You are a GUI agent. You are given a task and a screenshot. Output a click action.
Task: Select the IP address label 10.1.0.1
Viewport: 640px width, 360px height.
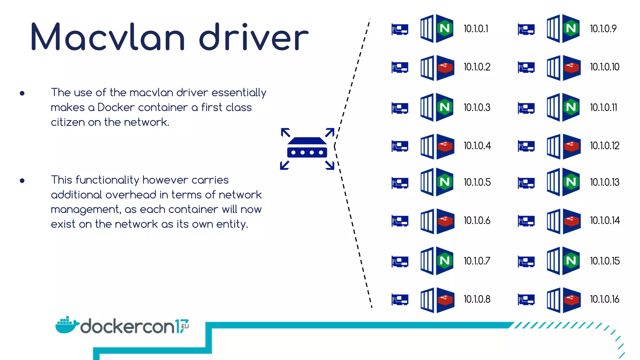(x=476, y=29)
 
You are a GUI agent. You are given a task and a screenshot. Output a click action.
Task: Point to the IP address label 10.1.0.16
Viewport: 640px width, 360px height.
(x=604, y=299)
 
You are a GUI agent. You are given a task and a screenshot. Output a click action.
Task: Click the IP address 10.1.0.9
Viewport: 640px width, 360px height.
(x=603, y=29)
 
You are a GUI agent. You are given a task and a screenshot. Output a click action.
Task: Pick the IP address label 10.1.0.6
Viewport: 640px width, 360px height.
(x=477, y=221)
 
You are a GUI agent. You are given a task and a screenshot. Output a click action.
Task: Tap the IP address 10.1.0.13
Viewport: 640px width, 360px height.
(x=604, y=182)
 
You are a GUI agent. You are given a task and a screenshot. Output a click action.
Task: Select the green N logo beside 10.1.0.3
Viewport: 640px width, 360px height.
(x=445, y=107)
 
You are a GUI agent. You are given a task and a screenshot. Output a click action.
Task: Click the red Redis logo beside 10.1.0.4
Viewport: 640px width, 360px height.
(x=445, y=146)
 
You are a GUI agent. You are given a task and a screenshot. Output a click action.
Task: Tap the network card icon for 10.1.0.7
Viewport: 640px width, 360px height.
(x=400, y=262)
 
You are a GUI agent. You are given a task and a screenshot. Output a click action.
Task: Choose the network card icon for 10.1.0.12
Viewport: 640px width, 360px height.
(x=526, y=146)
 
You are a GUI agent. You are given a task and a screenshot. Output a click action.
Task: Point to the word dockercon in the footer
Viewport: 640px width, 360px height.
(x=127, y=327)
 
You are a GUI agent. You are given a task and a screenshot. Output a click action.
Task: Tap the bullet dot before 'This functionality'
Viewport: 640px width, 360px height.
(x=22, y=181)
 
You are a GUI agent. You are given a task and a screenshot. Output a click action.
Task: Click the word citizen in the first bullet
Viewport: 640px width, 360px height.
(x=68, y=122)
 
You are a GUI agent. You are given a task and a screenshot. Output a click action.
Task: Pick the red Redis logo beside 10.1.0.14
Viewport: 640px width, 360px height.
(x=572, y=221)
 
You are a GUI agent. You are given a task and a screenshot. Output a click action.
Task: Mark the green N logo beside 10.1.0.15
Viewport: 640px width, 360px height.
(x=571, y=261)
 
